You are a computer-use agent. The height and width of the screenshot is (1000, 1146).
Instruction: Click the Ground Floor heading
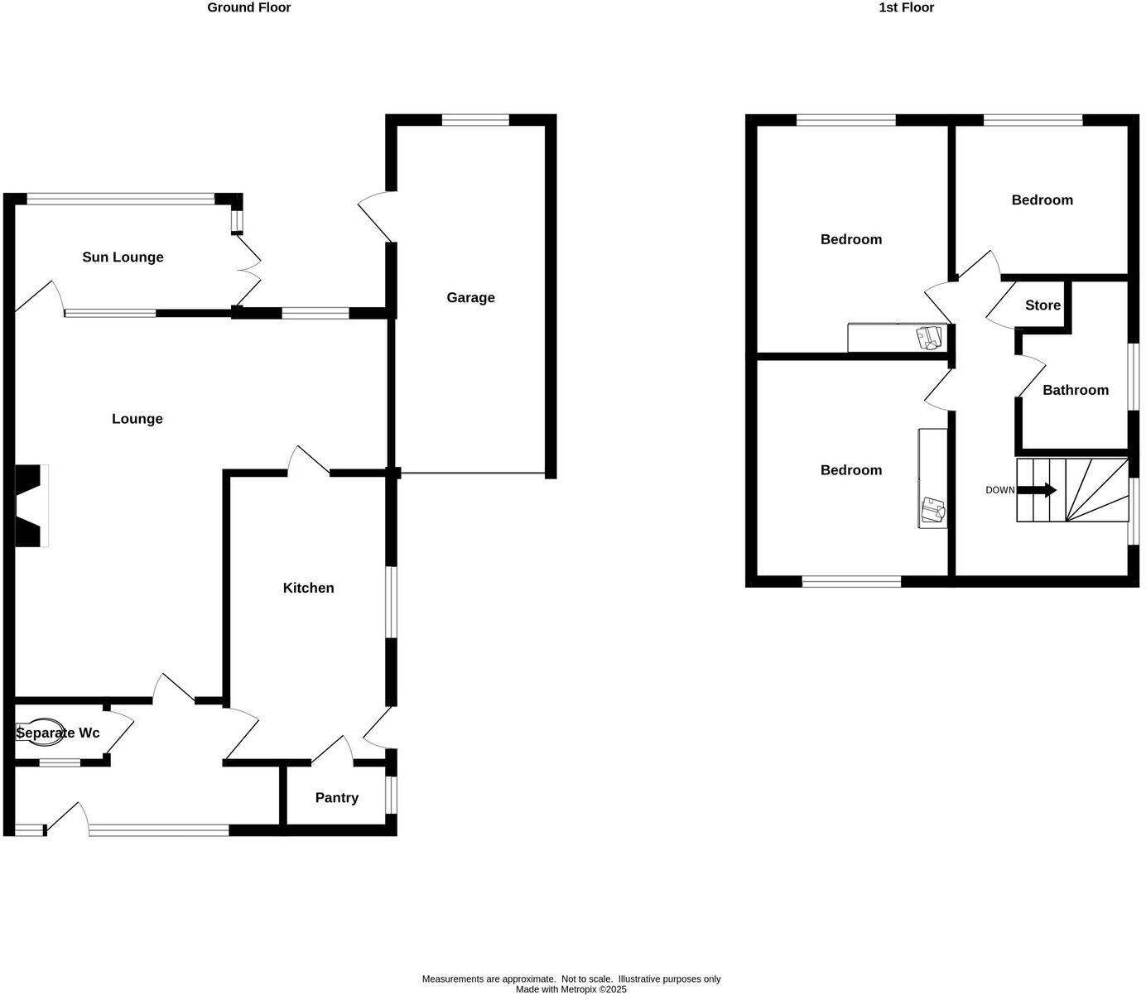pos(248,7)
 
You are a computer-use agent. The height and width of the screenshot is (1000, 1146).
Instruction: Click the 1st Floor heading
pos(906,7)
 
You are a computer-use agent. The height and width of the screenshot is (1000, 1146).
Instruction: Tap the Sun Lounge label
pos(123,257)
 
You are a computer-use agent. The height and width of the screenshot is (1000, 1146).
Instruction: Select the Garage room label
pos(470,298)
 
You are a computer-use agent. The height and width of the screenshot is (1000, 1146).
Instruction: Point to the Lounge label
pos(137,419)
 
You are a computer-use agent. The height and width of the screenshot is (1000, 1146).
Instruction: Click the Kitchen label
pos(308,588)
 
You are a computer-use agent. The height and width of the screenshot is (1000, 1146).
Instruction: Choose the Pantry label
pos(336,798)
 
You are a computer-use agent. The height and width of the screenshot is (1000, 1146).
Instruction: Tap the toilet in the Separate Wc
pos(40,733)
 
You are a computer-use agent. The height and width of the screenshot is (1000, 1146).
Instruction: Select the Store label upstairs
pos(1042,305)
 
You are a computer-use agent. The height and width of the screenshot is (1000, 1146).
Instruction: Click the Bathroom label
pos(1075,390)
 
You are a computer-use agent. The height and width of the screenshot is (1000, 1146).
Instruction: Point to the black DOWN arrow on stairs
pos(1037,490)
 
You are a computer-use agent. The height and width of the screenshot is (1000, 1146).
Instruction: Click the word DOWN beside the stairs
pos(999,490)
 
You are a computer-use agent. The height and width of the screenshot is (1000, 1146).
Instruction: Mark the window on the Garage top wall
pos(475,120)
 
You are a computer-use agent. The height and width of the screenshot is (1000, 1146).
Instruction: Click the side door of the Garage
pos(374,217)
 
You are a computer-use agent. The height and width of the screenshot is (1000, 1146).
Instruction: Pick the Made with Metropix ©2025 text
pos(571,989)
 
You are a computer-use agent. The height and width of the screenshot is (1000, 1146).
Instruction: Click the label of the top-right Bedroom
pos(1042,200)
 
